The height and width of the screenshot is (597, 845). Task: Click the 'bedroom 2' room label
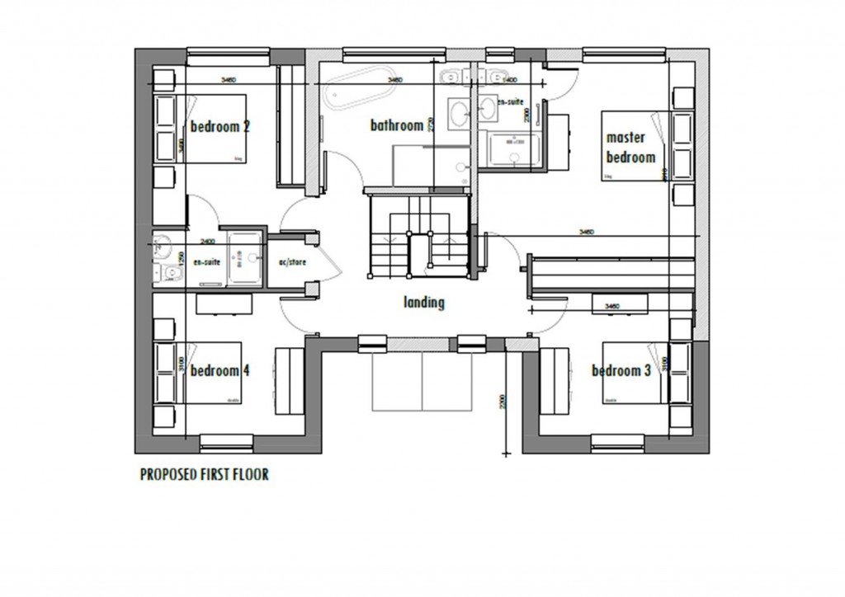220,127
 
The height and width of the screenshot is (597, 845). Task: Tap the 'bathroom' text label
396,126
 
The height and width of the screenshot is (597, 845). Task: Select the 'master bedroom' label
630,147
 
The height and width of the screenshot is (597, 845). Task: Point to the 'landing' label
424,303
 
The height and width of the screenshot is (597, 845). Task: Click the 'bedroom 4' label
220,371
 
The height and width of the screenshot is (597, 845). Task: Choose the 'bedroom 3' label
621,371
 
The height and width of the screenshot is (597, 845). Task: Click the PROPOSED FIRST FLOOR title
204,475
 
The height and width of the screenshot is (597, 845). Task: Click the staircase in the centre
419,234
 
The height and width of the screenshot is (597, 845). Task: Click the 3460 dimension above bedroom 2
229,80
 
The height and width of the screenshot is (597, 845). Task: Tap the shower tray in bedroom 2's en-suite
245,257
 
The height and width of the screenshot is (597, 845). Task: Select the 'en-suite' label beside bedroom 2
206,261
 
